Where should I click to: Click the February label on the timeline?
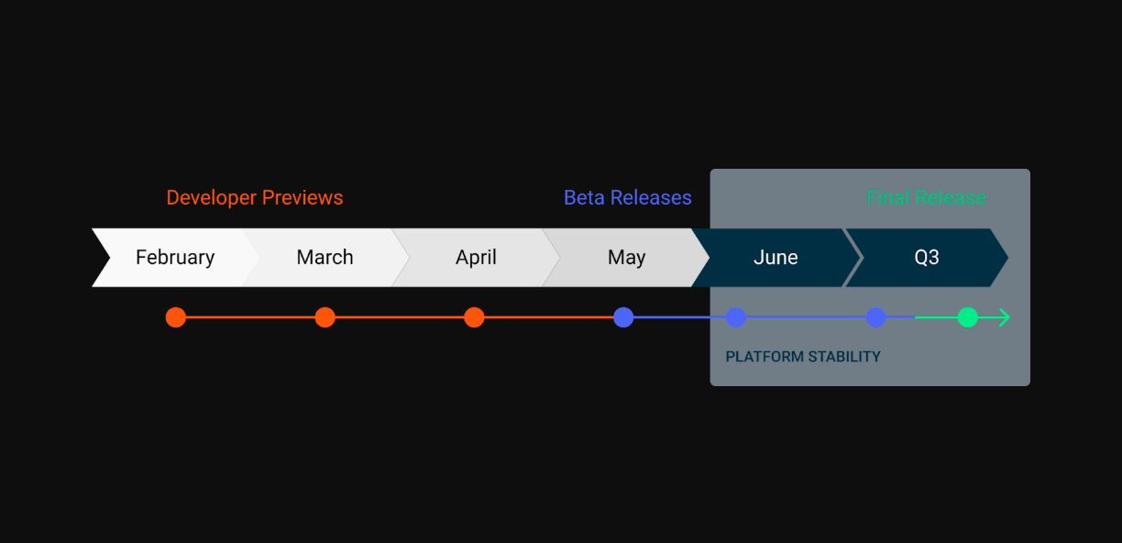175,258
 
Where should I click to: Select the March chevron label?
324,257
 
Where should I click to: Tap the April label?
476,258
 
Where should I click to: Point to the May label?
626,258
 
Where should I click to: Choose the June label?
775,257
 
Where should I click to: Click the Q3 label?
926,258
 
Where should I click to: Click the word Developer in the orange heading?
211,198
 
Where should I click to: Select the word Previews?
302,197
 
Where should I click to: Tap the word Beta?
584,197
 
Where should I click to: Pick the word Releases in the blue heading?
651,197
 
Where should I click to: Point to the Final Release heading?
926,197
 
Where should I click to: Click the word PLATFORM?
764,357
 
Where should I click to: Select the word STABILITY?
844,357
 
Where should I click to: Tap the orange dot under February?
176,317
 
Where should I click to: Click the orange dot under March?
325,317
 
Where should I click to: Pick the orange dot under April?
474,317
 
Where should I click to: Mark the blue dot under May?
623,317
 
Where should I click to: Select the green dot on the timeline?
968,317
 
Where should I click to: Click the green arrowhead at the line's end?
1005,317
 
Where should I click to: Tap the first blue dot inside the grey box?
736,317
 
